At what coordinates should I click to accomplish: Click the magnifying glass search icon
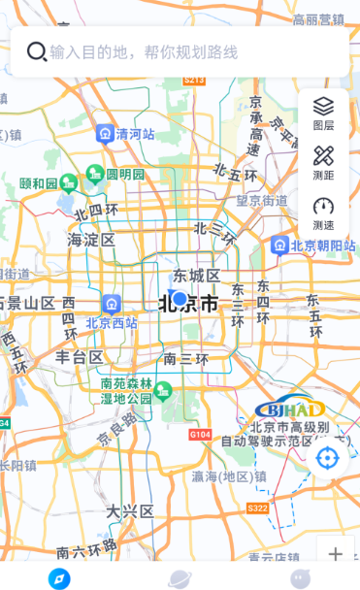tap(37, 51)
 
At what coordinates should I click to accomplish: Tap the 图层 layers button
tap(323, 114)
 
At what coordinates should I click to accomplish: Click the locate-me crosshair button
tap(327, 457)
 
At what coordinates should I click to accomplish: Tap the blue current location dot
tap(179, 298)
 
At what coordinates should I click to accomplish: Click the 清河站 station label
tap(135, 134)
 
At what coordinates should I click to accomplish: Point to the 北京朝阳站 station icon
tap(280, 245)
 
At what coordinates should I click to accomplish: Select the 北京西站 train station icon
tap(111, 304)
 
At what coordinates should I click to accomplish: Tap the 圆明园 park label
tap(125, 175)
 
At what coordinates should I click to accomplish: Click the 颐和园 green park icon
tap(68, 181)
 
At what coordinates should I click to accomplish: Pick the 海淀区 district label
tap(91, 240)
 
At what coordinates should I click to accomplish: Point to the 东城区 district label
tap(197, 276)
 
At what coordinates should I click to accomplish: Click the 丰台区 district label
tap(80, 357)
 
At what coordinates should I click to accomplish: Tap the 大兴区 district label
tap(130, 510)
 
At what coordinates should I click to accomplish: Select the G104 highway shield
tap(200, 434)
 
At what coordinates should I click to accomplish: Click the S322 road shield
tap(257, 508)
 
